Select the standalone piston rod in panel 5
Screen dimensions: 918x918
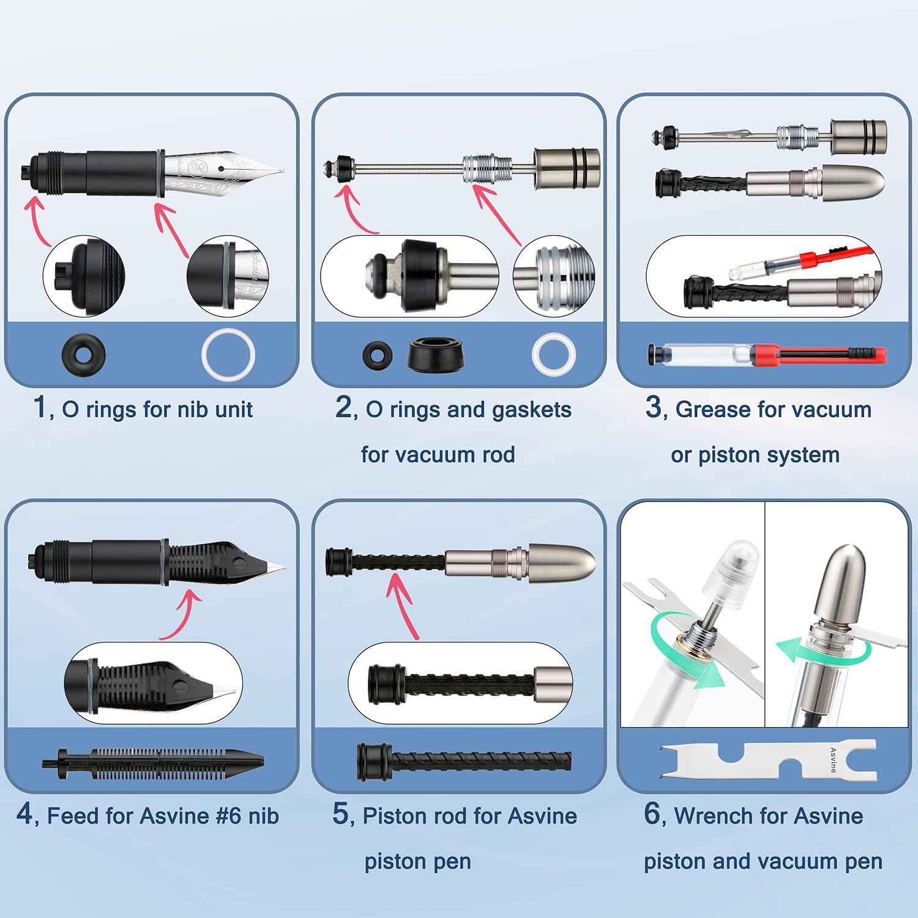464,761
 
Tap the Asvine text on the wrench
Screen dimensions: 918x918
833,760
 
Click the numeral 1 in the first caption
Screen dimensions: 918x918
40,406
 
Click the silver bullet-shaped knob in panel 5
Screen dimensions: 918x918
562,559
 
